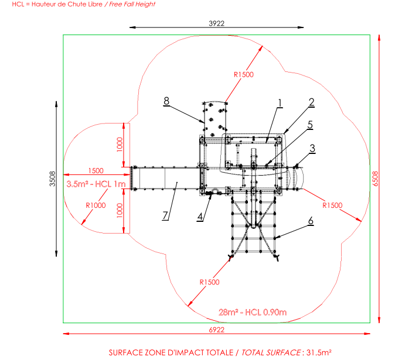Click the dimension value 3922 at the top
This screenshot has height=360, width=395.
tap(217, 23)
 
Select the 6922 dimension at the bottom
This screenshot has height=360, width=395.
tap(217, 330)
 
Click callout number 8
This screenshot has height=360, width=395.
tap(166, 101)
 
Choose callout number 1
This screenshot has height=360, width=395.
tap(280, 103)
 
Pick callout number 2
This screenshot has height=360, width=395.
tap(312, 101)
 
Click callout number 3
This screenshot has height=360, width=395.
tap(313, 148)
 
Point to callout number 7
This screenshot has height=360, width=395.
tap(166, 214)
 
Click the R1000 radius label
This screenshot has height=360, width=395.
tap(95, 205)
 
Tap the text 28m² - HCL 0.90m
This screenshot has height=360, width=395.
tap(253, 311)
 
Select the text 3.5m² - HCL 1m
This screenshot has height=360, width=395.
tap(96, 184)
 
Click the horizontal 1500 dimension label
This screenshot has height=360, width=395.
tap(96, 171)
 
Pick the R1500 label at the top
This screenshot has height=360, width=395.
tap(243, 74)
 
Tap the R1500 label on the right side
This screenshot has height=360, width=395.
tap(333, 205)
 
